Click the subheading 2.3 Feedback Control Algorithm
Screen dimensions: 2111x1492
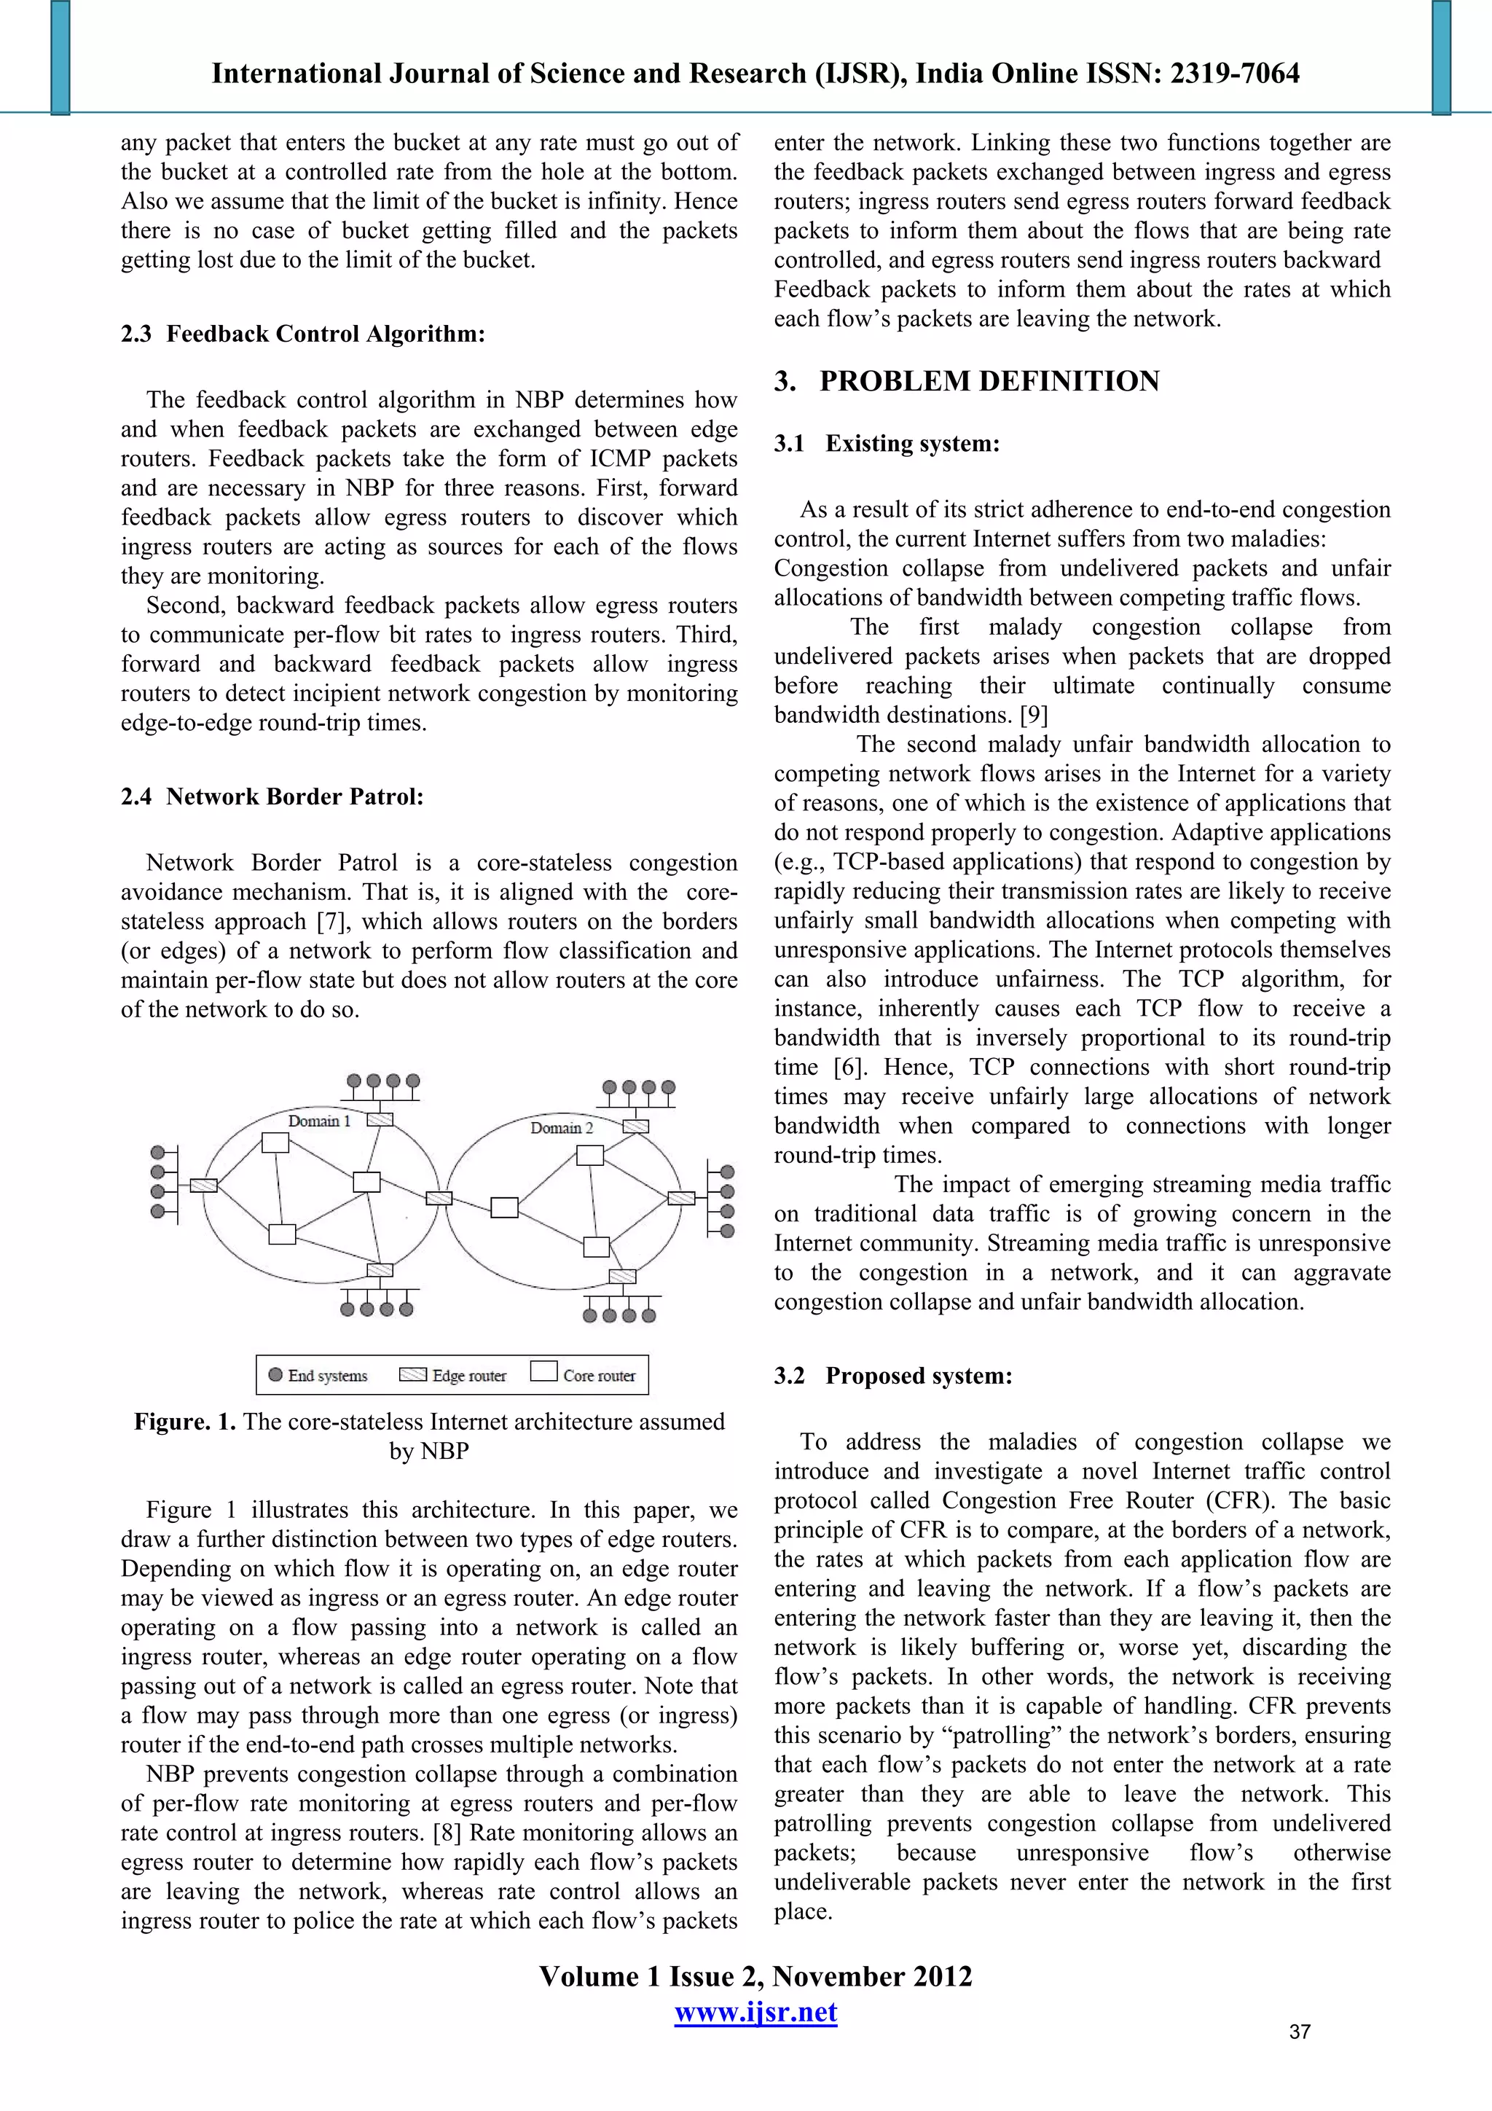[x=302, y=334]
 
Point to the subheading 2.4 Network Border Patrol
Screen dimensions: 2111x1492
[x=272, y=796]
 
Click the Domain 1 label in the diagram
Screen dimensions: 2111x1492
[x=319, y=1121]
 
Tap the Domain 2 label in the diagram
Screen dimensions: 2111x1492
[x=562, y=1128]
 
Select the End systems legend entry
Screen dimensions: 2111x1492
[x=318, y=1376]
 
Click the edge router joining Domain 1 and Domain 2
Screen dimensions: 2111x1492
[x=439, y=1198]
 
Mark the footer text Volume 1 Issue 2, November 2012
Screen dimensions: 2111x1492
[x=755, y=1976]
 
